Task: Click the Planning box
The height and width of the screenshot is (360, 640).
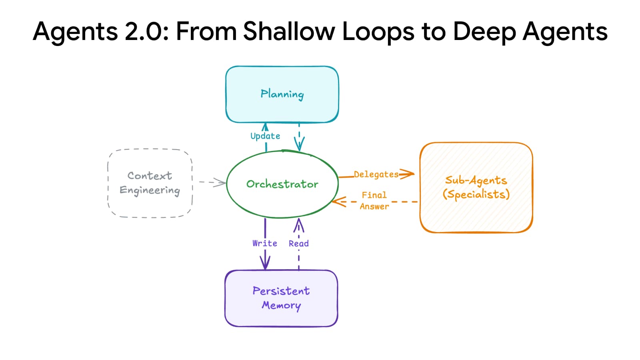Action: [x=282, y=94]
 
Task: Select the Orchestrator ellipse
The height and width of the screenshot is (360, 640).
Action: [x=282, y=184]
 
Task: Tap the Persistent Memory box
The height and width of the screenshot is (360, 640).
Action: [x=281, y=298]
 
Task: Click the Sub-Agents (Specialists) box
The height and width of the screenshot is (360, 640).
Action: [x=476, y=187]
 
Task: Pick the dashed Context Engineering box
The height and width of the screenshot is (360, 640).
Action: [x=150, y=183]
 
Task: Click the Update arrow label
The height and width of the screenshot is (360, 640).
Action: [x=265, y=136]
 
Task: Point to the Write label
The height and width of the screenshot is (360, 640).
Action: [x=264, y=243]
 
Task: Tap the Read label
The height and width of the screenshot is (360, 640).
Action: [x=298, y=244]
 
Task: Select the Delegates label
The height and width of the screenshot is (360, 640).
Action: [x=376, y=174]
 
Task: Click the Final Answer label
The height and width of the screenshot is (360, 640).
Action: [x=374, y=201]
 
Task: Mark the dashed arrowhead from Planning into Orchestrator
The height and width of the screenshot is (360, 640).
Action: [x=299, y=144]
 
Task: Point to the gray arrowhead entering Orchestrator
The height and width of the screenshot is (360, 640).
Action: [x=220, y=183]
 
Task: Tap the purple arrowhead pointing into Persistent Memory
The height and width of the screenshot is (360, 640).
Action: [x=265, y=263]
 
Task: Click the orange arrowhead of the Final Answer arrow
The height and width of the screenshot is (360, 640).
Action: [x=338, y=202]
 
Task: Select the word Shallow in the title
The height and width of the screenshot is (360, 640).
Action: [x=289, y=31]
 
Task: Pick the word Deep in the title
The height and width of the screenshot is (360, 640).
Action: [x=484, y=31]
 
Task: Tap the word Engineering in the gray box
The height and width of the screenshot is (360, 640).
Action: [x=150, y=190]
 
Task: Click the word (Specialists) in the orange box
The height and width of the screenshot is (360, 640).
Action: [x=476, y=194]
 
